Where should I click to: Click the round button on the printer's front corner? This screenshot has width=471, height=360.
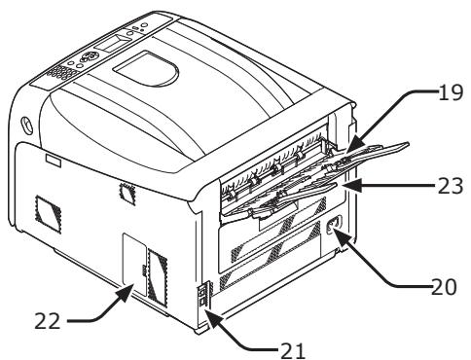pos(22,126)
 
